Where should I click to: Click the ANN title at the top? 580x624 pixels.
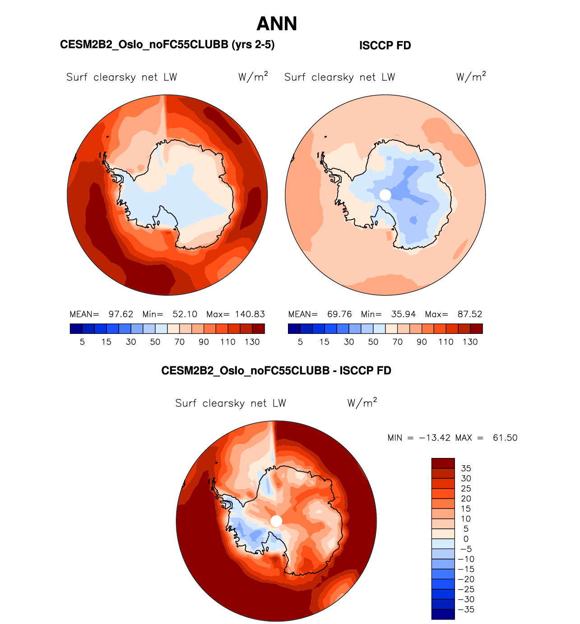(277, 24)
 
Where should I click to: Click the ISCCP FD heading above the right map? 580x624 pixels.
(385, 46)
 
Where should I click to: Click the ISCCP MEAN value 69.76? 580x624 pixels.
(339, 314)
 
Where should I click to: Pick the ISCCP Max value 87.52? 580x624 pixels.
(470, 314)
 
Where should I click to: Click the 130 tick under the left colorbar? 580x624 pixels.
(252, 342)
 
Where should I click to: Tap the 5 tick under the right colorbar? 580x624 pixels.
(300, 342)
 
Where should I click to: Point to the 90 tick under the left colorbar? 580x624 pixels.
(204, 342)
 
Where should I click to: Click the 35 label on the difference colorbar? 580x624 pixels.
(466, 468)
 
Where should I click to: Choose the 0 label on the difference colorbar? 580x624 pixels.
(466, 539)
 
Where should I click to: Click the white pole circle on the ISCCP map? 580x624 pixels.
(385, 195)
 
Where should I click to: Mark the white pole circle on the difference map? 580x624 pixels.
(276, 521)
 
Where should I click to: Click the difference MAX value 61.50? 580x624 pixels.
(505, 438)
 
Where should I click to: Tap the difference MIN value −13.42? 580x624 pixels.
(435, 438)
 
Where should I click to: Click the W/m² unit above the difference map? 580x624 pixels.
(362, 403)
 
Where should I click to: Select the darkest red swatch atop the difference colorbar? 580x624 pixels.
(443, 463)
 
